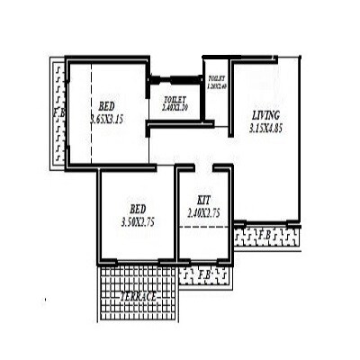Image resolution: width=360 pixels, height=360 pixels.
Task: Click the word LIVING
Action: (265, 115)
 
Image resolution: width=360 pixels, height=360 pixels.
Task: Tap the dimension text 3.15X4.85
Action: (265, 129)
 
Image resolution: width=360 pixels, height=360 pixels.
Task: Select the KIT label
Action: (203, 200)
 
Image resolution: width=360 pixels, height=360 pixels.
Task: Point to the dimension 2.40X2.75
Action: (203, 214)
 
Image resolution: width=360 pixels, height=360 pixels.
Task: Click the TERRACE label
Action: (138, 296)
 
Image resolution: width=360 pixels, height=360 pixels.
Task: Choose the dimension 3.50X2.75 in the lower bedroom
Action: (138, 220)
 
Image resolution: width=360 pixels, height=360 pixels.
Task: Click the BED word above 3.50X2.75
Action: (138, 206)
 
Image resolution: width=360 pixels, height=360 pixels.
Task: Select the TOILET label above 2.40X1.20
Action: (174, 99)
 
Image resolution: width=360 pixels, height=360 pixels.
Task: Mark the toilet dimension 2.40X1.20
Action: (174, 107)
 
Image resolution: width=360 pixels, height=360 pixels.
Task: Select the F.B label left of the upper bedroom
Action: (58, 112)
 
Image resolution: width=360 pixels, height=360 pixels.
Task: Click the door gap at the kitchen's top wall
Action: (203, 166)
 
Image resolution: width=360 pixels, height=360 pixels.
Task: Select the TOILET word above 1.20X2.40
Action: (216, 79)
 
